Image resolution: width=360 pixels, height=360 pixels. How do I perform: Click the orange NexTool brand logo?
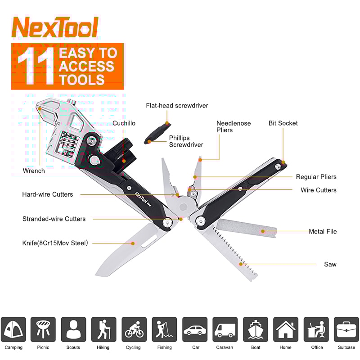55,28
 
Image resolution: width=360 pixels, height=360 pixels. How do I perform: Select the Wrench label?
34,171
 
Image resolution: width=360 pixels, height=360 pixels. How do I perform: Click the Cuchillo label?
124,123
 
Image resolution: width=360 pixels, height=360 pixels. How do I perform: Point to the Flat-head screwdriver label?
177,106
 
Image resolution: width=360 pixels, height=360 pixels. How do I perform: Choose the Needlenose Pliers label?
234,126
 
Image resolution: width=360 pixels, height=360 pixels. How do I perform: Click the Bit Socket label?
283,123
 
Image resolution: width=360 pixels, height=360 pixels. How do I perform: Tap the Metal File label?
323,231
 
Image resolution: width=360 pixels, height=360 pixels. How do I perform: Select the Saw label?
330,264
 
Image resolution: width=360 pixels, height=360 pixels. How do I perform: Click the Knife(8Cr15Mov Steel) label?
55,243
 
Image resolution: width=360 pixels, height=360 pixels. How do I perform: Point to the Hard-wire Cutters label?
47,194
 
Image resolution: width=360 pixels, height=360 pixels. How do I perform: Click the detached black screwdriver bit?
155,135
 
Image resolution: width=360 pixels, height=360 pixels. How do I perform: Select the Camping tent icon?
13,329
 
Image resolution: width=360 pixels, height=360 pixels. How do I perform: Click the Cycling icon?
134,329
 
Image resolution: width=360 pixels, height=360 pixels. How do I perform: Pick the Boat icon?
255,329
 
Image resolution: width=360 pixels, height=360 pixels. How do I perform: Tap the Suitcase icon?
346,329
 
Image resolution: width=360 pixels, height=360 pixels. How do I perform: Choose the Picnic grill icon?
43,329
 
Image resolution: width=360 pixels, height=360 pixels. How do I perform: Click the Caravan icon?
225,329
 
